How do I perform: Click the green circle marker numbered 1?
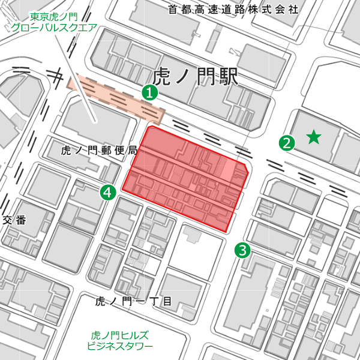(x=149, y=92)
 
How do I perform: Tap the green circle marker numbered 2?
(x=287, y=143)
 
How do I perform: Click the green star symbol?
(x=313, y=138)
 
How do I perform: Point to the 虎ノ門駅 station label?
(x=196, y=77)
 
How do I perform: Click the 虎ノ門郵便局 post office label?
(x=100, y=151)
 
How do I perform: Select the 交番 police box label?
(x=14, y=220)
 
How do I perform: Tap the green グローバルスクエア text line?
(x=54, y=28)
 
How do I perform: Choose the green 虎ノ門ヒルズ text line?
(x=119, y=335)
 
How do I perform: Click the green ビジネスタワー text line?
(x=120, y=346)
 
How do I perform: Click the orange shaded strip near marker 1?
(x=117, y=97)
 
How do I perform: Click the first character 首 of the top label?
(x=173, y=9)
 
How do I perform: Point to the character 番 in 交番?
(x=20, y=220)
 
